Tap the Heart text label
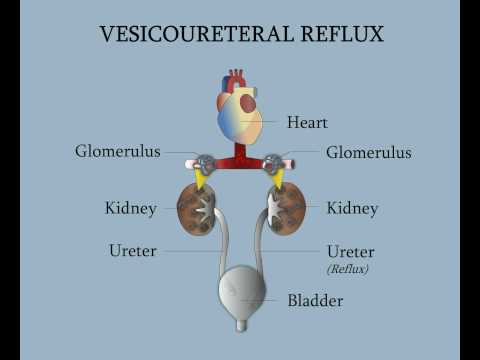pos(307,123)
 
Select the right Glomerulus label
pos(368,152)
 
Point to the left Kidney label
pos(131,208)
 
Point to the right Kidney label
pos(352,208)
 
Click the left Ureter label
pos(133,250)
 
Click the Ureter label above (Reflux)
pos(351,251)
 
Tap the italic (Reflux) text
pos(348,269)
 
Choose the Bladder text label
pos(315,300)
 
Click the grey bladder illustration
pos(241,291)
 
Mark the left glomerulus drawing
pos(205,162)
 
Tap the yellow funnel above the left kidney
pos(201,180)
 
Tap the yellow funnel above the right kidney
pos(279,180)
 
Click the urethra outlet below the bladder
pos(241,325)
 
